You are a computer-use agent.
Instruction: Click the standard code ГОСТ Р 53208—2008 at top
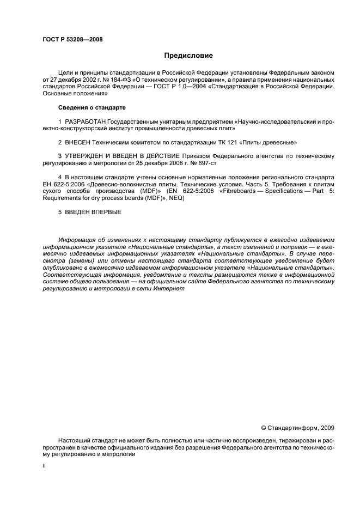tap(72, 39)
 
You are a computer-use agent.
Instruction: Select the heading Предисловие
tap(188, 56)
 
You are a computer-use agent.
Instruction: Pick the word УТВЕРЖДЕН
tap(87, 156)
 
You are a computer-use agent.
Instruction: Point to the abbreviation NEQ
tap(177, 198)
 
